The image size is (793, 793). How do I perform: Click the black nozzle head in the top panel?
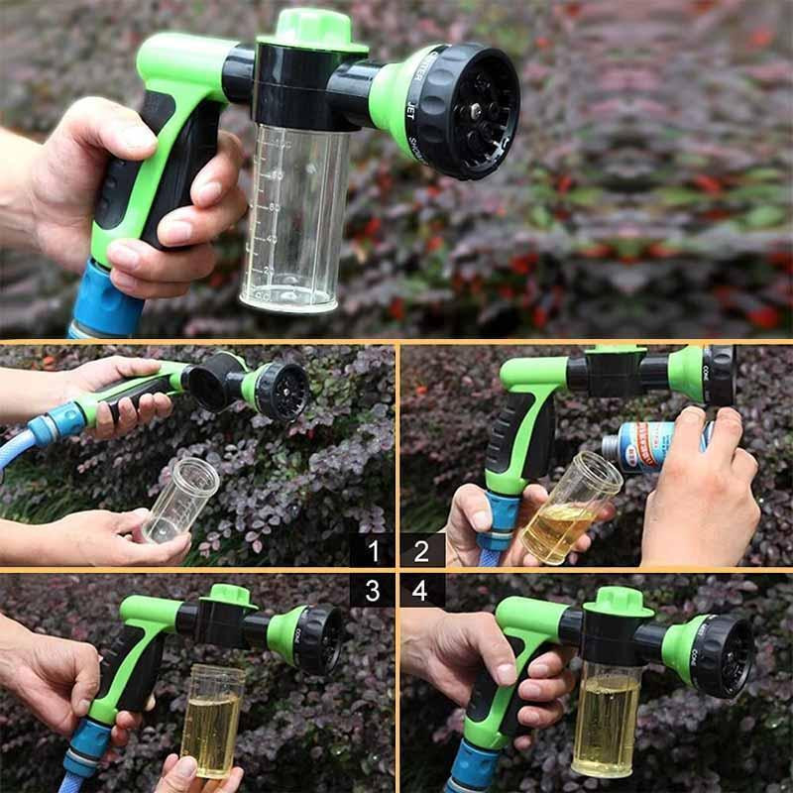pos(466,111)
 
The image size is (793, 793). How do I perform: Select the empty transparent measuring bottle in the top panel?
pos(294,218)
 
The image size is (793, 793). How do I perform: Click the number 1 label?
pos(372,549)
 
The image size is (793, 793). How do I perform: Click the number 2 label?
pos(421,549)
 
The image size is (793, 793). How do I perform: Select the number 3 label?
pos(372,591)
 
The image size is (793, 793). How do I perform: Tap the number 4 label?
pos(421,591)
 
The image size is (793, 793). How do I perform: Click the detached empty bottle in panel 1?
pos(180,500)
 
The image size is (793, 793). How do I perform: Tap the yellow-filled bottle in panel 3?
pos(212,719)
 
